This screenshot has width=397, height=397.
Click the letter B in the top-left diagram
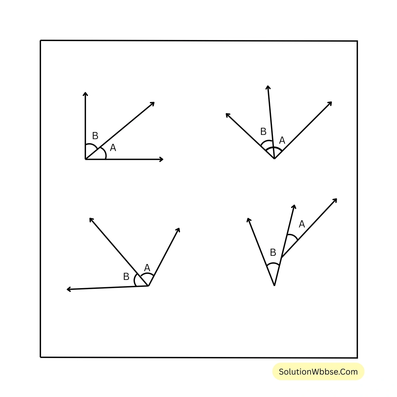(x=95, y=136)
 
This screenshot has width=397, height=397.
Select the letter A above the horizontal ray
(x=113, y=148)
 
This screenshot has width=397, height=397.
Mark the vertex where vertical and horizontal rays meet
(x=85, y=159)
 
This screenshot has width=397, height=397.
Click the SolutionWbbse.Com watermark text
(x=318, y=372)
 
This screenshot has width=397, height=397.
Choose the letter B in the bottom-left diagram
(x=126, y=277)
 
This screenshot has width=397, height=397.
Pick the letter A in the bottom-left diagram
(x=147, y=268)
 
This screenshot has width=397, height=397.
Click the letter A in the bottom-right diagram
(x=302, y=224)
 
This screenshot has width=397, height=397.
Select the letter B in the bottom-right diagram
(x=273, y=252)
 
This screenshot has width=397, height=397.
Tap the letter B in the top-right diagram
(x=263, y=131)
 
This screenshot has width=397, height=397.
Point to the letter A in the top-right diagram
(x=282, y=140)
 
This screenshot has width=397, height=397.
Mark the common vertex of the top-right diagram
(x=274, y=158)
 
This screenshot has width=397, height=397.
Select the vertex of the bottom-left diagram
(x=148, y=286)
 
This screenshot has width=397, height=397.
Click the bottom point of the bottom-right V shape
(x=274, y=285)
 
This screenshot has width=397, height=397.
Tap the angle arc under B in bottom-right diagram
(x=273, y=263)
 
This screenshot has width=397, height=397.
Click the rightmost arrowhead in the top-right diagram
(x=330, y=104)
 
